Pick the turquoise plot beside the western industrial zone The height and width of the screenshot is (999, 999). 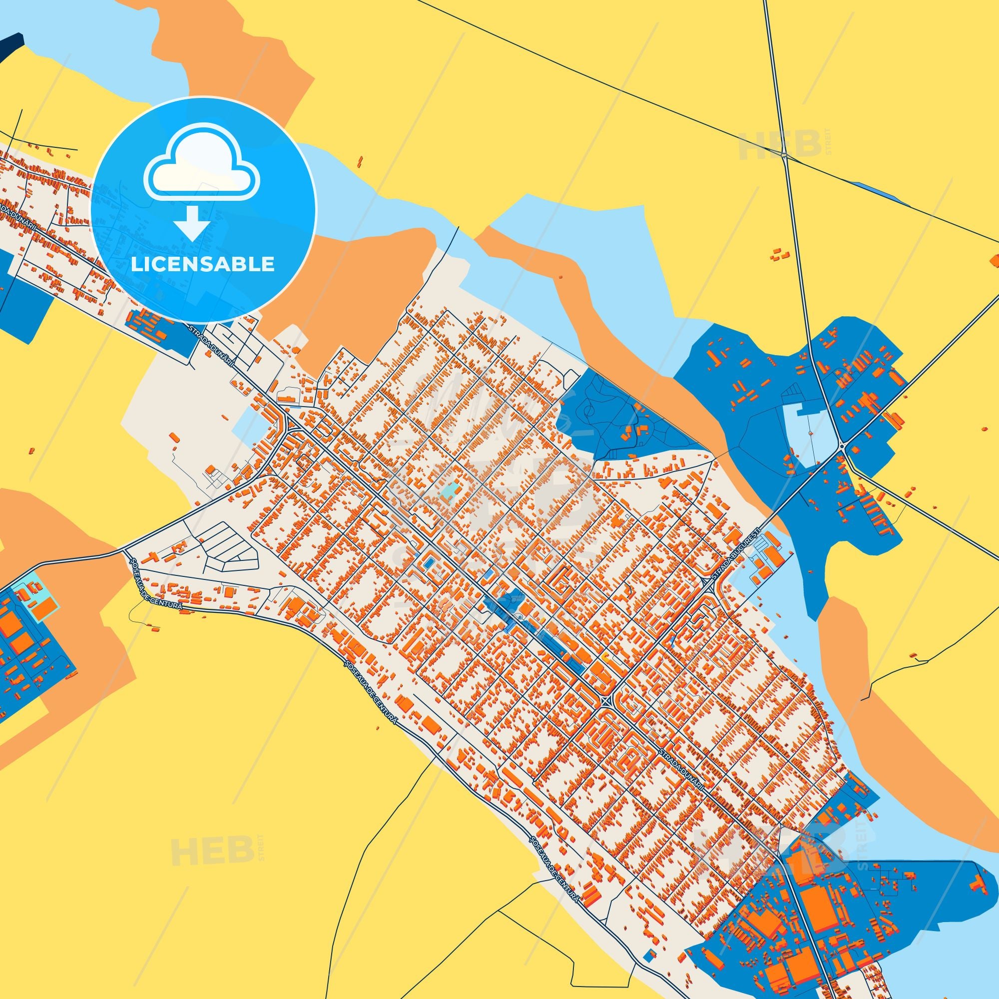click(x=31, y=600)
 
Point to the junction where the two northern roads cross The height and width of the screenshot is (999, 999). click(x=784, y=154)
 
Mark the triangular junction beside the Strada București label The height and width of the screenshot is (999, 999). click(x=707, y=584)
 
